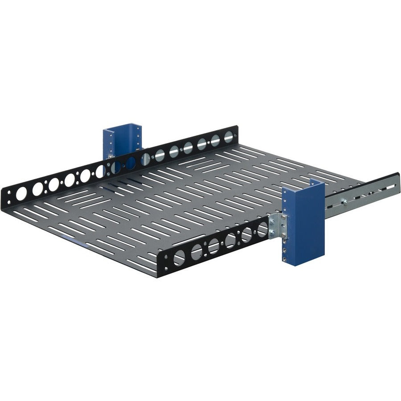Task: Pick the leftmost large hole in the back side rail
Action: (x=21, y=194)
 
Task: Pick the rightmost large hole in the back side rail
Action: (x=229, y=136)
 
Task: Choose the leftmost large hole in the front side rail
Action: (x=179, y=257)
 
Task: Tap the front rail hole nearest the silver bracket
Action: (x=262, y=228)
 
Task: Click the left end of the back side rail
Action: (x=3, y=196)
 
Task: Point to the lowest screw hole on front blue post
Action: (x=284, y=259)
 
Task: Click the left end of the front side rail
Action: (x=160, y=266)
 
